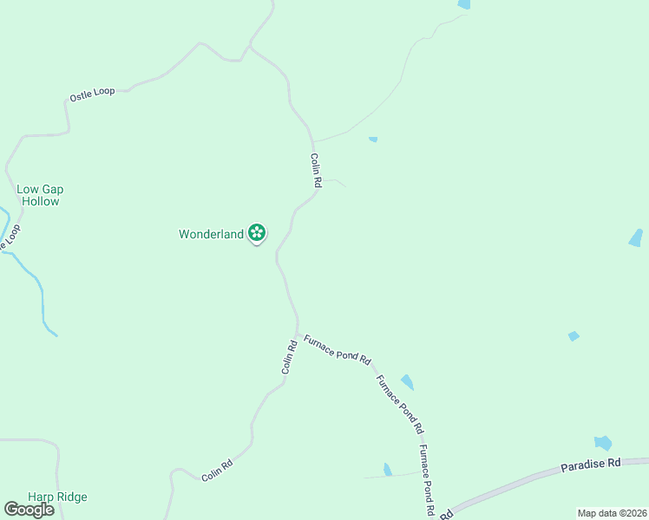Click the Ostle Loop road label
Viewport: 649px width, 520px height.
(92, 94)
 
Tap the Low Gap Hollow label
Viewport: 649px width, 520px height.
(40, 195)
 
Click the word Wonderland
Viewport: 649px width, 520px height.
(211, 234)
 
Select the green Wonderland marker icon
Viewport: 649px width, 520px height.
(257, 232)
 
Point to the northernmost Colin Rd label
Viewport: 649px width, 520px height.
(317, 171)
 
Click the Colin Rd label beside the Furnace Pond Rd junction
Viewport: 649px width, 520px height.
(290, 356)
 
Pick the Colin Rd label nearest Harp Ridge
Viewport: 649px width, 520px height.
(217, 471)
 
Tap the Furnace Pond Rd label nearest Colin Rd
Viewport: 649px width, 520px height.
(338, 348)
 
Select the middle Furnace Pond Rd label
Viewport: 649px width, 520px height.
(399, 404)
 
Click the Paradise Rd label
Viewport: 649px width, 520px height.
(591, 465)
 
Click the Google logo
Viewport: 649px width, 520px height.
(29, 510)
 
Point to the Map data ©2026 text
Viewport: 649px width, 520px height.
(611, 513)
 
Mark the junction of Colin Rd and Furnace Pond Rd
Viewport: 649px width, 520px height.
(298, 334)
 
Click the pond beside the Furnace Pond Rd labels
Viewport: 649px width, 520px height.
(407, 382)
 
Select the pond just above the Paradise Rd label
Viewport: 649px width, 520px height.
(603, 443)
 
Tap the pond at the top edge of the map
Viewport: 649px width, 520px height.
(464, 4)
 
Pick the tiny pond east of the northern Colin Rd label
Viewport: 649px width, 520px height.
(373, 139)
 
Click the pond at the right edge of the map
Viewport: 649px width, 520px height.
(636, 237)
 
